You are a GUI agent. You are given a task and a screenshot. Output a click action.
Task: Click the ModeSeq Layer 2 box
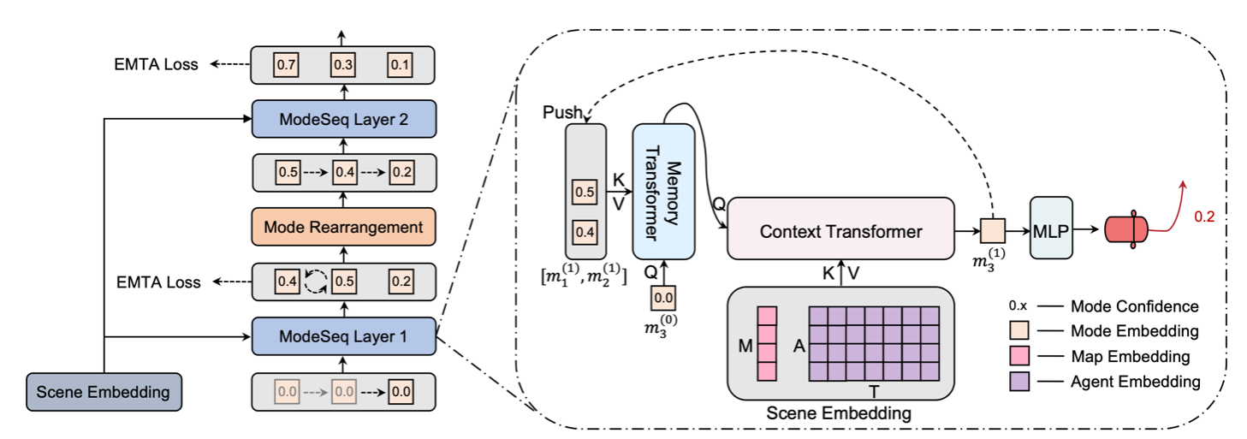point(343,120)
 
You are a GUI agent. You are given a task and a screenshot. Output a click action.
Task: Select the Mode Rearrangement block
point(343,227)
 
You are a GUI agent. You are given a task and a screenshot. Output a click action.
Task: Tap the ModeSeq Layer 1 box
point(343,335)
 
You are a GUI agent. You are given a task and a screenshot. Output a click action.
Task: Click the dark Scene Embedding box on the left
point(104,393)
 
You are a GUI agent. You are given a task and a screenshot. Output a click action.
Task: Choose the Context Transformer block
point(840,231)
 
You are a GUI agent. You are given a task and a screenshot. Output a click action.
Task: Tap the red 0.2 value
point(1203,217)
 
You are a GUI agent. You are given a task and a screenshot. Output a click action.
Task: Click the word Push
point(561,113)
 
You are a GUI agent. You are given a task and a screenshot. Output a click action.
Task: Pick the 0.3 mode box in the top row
point(343,64)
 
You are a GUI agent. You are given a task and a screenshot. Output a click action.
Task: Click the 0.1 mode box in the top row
point(400,64)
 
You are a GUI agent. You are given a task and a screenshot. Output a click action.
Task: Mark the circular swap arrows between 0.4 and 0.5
point(316,281)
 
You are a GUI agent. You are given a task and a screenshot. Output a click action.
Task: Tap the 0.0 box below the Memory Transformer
point(663,298)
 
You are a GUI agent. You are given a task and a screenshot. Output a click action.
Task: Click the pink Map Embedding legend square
point(1021,356)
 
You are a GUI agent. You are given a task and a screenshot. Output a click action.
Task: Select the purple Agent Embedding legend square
point(1021,382)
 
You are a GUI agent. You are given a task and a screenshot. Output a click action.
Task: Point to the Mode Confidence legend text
point(1135,306)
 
